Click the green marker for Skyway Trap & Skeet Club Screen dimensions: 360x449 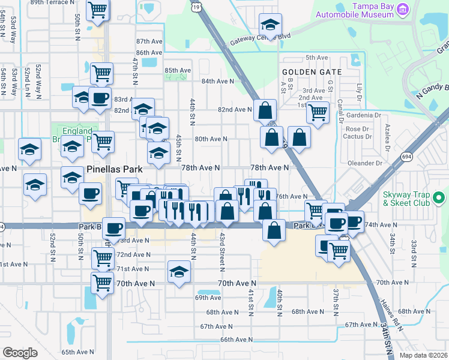coord(439,197)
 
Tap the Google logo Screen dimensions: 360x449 coord(20,353)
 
